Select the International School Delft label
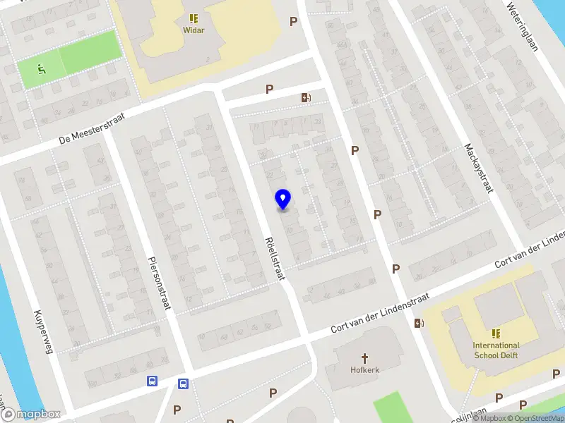pyautogui.click(x=496, y=350)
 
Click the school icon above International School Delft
pyautogui.click(x=496, y=333)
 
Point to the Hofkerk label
pyautogui.click(x=365, y=369)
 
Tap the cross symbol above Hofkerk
pyautogui.click(x=365, y=357)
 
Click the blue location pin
pyautogui.click(x=283, y=200)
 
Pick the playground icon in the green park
pyautogui.click(x=41, y=69)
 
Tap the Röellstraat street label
pyautogui.click(x=274, y=259)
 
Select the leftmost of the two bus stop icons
pyautogui.click(x=152, y=381)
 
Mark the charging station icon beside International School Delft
pyautogui.click(x=420, y=324)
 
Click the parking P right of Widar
pyautogui.click(x=293, y=21)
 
